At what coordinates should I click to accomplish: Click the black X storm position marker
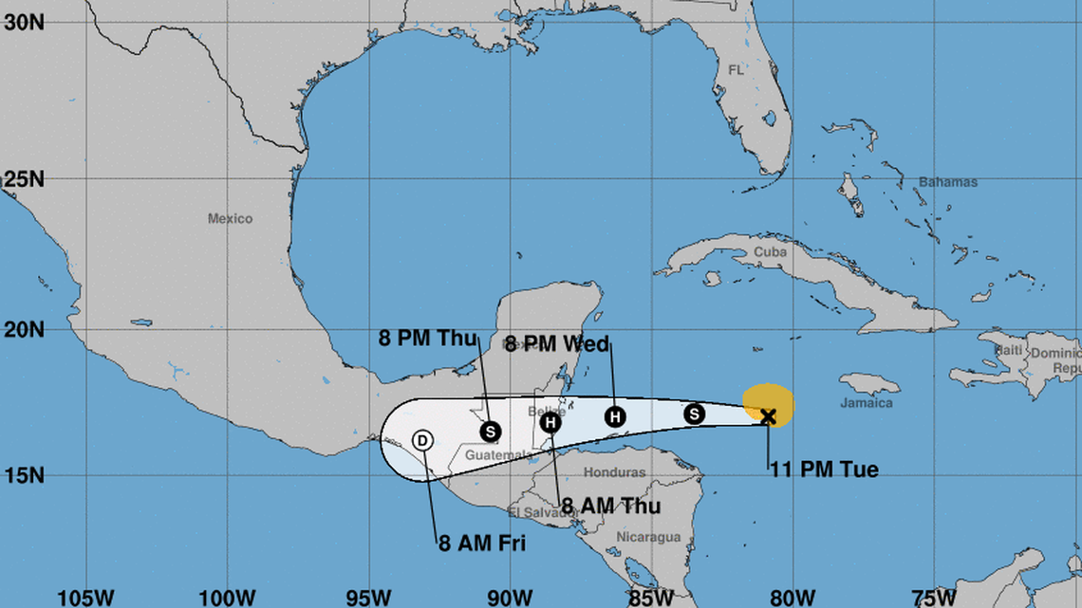click(x=768, y=415)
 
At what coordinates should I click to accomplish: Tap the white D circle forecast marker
click(x=422, y=440)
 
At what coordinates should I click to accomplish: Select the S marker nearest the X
click(x=694, y=414)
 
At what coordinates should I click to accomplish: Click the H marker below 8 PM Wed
click(x=615, y=416)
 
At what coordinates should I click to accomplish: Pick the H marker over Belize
click(x=551, y=422)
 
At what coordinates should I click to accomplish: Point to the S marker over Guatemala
click(x=490, y=432)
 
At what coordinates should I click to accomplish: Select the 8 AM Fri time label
click(x=481, y=544)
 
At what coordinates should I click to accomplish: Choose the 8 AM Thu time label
click(x=610, y=506)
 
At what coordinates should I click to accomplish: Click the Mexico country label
click(x=231, y=219)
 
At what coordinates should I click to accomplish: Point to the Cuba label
click(x=771, y=252)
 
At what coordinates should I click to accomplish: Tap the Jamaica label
click(x=867, y=403)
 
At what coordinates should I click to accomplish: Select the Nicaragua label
click(x=648, y=537)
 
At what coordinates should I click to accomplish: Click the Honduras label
click(x=614, y=472)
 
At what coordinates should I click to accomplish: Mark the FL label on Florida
click(x=736, y=70)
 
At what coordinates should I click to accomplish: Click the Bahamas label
click(x=947, y=182)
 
